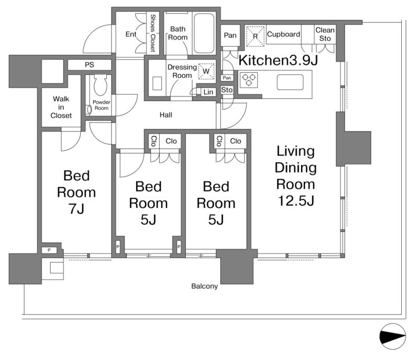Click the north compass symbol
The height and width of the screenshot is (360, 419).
point(392,336)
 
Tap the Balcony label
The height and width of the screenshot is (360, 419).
point(204,286)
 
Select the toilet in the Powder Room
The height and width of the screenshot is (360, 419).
point(101,84)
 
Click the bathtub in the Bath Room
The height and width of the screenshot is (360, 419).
point(204,34)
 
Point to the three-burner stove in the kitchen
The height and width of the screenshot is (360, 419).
point(249,80)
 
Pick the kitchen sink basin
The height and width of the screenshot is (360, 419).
point(290,82)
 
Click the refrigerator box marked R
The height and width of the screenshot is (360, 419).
point(255,36)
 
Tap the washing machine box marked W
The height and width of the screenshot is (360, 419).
point(206,71)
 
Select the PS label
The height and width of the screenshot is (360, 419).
point(89,64)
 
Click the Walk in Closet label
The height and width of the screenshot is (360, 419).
point(61,107)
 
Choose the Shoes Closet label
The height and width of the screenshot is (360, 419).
point(153,32)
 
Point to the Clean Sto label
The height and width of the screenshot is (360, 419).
point(325,34)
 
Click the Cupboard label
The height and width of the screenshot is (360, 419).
point(283,34)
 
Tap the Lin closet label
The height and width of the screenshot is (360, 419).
point(208,92)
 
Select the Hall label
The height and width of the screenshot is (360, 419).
point(166,115)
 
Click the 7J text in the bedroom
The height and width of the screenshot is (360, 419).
point(76,209)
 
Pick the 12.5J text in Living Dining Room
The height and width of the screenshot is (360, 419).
point(296,201)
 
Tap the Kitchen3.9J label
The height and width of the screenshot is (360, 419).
point(278,60)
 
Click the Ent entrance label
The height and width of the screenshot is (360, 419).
point(130,34)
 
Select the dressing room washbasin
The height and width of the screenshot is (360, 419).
point(157,83)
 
